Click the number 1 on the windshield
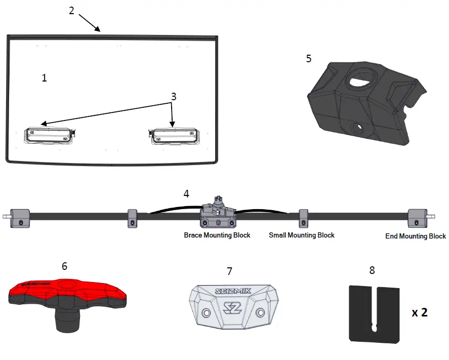[x=45, y=78]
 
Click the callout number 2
[x=72, y=11]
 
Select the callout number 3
[x=174, y=96]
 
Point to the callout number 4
[x=186, y=193]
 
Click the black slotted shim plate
[x=374, y=313]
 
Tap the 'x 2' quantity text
[x=420, y=313]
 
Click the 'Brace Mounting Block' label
[x=217, y=235]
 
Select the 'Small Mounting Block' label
[x=301, y=235]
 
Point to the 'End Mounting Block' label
[x=416, y=236]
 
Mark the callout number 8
[x=372, y=270]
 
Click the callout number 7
[x=229, y=271]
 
